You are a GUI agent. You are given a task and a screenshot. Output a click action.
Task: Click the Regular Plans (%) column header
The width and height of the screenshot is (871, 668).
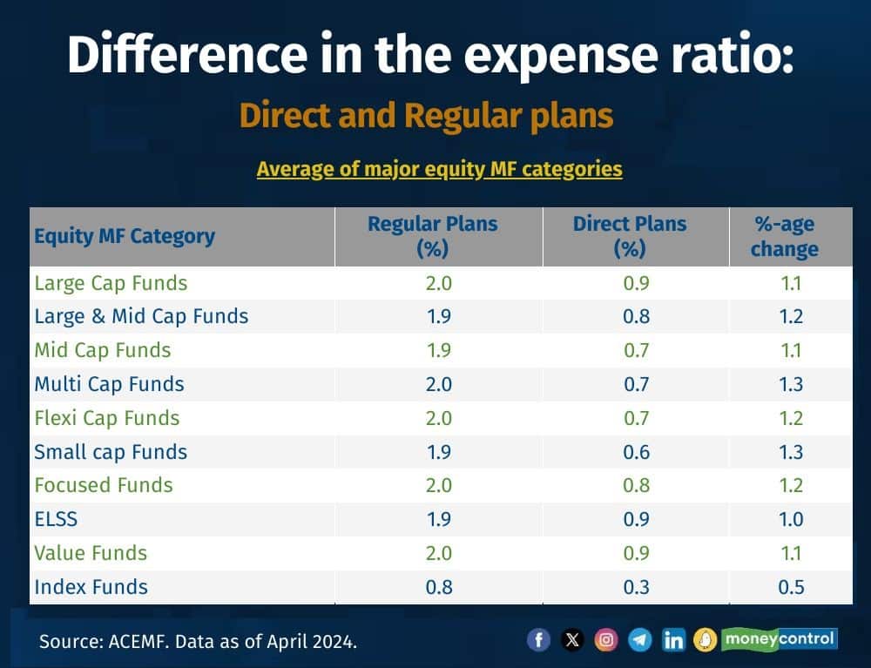(433, 236)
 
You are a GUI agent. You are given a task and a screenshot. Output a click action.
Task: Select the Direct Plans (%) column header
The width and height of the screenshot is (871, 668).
(630, 236)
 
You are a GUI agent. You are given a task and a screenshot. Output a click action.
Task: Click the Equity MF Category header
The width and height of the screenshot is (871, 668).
(125, 236)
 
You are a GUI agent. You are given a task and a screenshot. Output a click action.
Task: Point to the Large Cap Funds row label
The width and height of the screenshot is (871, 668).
(111, 283)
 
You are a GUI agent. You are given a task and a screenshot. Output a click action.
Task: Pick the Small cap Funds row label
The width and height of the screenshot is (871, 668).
(111, 452)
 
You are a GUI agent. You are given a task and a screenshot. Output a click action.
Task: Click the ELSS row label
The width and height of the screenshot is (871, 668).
(56, 519)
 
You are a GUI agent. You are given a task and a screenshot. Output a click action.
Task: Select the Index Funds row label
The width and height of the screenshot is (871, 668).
(91, 587)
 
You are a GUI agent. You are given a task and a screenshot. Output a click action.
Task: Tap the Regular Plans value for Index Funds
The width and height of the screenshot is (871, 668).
(439, 587)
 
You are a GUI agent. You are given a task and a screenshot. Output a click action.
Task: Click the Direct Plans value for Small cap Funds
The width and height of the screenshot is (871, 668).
(636, 452)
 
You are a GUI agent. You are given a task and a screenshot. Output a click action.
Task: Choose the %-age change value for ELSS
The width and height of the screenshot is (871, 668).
(791, 519)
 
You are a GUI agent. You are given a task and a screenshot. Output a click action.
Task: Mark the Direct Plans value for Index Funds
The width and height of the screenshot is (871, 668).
(636, 587)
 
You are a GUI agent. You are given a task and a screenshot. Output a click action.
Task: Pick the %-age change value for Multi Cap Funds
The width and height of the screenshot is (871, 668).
(791, 384)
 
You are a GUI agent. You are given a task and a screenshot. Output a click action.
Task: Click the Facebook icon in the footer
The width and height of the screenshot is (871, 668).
(539, 640)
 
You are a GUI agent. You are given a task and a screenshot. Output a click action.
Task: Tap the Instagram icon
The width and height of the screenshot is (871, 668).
(606, 640)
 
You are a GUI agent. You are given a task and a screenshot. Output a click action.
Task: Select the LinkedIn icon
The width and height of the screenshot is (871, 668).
(673, 640)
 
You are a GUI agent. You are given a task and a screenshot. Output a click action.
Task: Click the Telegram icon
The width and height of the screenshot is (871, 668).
(640, 640)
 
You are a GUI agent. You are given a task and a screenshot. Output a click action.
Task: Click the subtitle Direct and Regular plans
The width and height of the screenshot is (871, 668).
(426, 116)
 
